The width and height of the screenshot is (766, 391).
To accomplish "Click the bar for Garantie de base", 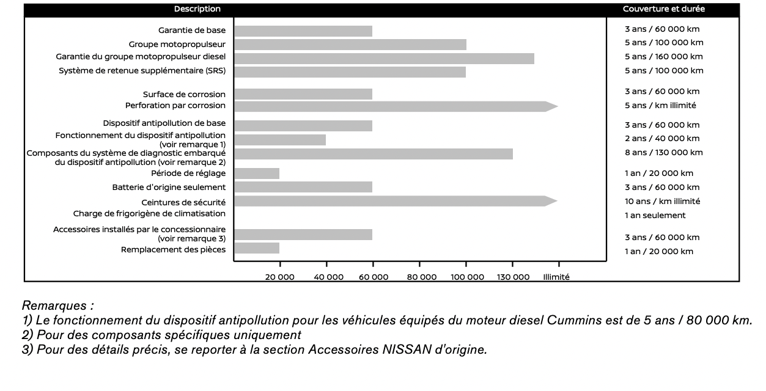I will point(303,31).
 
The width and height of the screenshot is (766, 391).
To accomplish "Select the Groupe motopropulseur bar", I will point(350,45).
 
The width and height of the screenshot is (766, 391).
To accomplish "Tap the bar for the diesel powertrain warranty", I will point(384,59).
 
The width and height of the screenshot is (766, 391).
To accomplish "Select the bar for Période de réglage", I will point(257,174).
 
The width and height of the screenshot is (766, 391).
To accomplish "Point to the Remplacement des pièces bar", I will point(257,248).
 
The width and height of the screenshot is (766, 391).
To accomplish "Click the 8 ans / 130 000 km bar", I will point(373,154).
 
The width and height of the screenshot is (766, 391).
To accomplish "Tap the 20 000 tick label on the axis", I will point(280,277).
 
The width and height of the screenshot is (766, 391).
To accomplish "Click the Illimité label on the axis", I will point(556,277).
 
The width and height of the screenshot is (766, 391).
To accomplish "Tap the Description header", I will point(197,9).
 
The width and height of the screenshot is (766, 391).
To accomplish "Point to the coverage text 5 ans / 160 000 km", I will point(663,57).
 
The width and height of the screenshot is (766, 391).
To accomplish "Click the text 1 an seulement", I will point(655,215).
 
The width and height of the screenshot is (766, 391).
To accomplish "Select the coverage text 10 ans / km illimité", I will point(662,201).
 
